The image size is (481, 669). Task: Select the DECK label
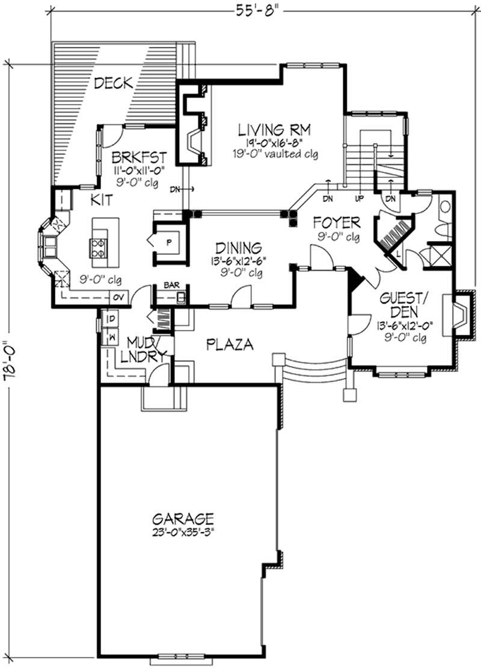click(113, 83)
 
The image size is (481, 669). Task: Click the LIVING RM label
click(277, 129)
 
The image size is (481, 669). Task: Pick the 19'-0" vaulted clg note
click(277, 154)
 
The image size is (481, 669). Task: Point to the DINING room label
click(239, 247)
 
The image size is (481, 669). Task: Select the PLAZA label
click(229, 345)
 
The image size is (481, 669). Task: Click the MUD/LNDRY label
click(142, 349)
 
